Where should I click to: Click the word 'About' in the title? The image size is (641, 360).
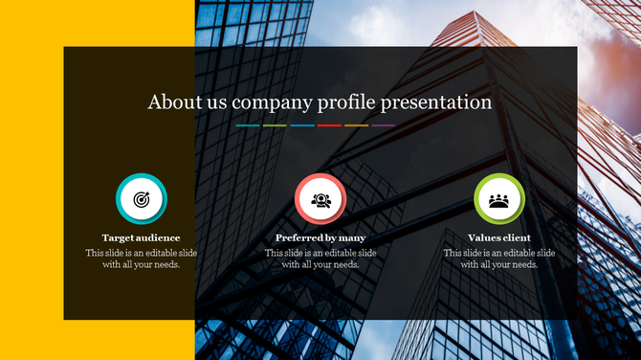click(x=170, y=101)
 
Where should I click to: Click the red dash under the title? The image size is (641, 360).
click(x=329, y=125)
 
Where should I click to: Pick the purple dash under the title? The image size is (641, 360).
click(x=383, y=125)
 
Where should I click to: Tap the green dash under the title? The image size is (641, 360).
click(x=275, y=125)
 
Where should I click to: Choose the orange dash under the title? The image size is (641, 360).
click(x=356, y=125)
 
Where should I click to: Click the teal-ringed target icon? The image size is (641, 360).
click(x=142, y=199)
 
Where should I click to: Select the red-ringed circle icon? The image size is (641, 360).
click(x=320, y=199)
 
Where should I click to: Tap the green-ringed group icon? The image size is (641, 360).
click(x=498, y=199)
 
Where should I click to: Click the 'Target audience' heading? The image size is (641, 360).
click(x=142, y=237)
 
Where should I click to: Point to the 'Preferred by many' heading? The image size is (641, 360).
click(x=320, y=237)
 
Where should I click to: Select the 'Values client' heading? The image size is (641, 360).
click(x=499, y=237)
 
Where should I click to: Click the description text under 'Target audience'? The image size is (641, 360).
click(x=142, y=259)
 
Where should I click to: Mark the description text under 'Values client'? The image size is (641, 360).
click(x=499, y=259)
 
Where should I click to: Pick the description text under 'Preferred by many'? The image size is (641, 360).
click(x=320, y=259)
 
